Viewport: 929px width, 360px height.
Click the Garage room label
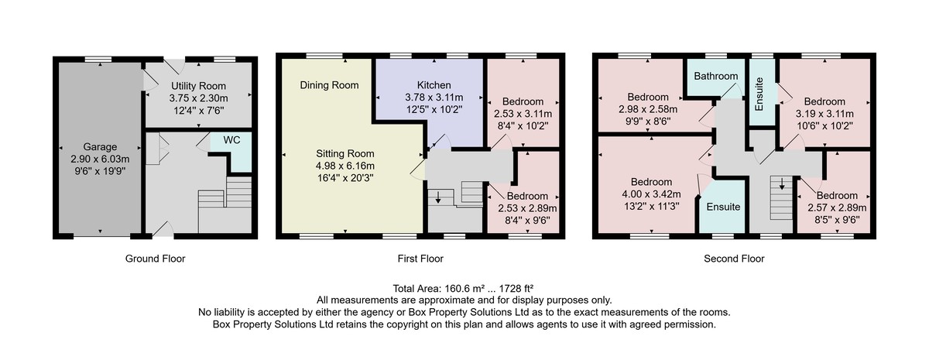point(100,147)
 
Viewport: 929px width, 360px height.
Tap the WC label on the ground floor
point(231,140)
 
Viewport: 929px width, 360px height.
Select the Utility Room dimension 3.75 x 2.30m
point(198,99)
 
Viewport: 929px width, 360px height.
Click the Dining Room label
point(329,85)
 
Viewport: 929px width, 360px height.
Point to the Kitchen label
point(434,85)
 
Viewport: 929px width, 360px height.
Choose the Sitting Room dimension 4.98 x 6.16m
point(345,166)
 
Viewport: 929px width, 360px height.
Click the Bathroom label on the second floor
point(716,77)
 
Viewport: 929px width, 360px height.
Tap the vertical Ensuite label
point(759,94)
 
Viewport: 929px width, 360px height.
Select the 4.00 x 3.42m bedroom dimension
point(651,194)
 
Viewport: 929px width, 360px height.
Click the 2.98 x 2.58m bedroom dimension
point(648,109)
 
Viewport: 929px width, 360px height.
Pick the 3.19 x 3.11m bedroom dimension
point(824,114)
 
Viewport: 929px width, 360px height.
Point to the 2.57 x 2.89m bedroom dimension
point(837,207)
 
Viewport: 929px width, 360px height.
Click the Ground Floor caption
point(155,259)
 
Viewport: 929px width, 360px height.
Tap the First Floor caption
point(420,259)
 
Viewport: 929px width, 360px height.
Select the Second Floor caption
point(734,259)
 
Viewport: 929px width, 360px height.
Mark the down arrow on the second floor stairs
point(782,183)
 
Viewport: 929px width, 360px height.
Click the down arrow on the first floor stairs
point(438,197)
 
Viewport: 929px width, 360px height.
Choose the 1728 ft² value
point(516,288)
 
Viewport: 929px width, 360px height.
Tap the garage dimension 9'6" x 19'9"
point(100,171)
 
